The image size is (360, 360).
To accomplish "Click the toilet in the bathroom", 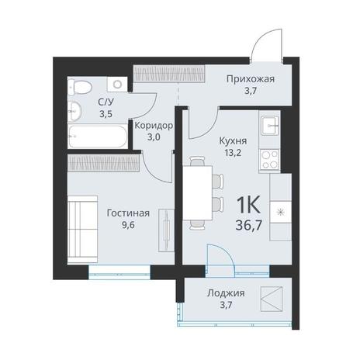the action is (x=80, y=87).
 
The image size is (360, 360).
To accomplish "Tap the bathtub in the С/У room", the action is (x=98, y=137).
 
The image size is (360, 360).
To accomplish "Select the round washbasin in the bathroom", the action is (x=74, y=111).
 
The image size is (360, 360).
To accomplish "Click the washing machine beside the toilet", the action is (x=118, y=84).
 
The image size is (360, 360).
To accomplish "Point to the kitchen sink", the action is (x=270, y=126).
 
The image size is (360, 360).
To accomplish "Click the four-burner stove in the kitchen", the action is (x=269, y=160).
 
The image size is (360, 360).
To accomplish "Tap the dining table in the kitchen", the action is (x=198, y=192).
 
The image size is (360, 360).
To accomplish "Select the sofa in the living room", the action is (x=83, y=230).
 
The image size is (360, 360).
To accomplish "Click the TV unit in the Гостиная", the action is (x=166, y=230).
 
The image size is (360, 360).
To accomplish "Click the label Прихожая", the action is (x=251, y=79).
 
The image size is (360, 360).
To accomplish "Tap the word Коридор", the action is (x=154, y=126).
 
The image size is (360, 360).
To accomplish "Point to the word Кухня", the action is (x=233, y=141).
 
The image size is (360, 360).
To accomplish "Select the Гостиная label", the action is (x=128, y=213).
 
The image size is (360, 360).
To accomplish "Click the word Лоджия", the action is (x=226, y=293).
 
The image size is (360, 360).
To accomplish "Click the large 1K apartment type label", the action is (x=248, y=205).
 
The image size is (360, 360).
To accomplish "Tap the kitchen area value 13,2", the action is (x=233, y=153).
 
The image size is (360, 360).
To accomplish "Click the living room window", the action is (x=119, y=272).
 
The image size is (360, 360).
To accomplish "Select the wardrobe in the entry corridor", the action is (x=169, y=73).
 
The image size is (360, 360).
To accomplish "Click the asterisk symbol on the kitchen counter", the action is (x=280, y=213).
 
